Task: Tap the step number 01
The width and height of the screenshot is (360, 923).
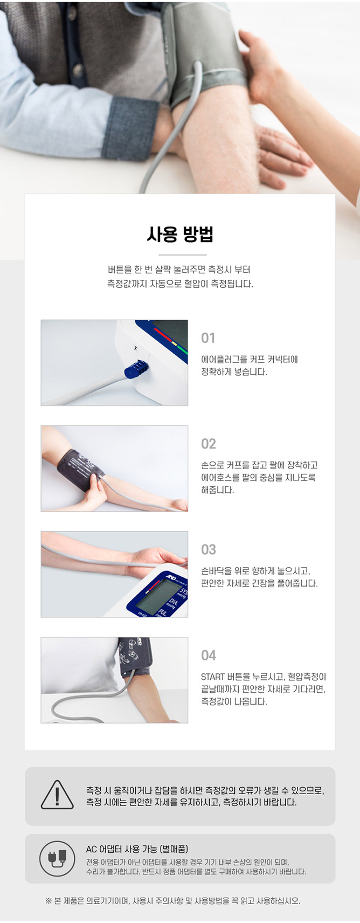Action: point(208,338)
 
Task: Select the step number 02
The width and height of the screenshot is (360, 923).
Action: point(209,444)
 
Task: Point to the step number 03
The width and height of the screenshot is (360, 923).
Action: point(209,549)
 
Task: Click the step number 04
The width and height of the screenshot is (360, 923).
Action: point(209,655)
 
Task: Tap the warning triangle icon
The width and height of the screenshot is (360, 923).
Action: point(57,795)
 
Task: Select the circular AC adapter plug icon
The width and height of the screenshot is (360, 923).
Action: point(57,859)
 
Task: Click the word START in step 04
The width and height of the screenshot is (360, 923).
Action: point(213,677)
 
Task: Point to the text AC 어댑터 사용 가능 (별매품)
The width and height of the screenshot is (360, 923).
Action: point(137,849)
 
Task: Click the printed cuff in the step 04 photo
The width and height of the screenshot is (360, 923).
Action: point(135,657)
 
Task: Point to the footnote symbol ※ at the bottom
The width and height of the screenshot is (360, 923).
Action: point(49,901)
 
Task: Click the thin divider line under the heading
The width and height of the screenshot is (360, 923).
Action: point(183,254)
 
